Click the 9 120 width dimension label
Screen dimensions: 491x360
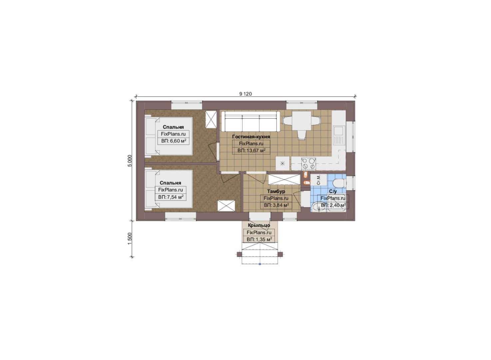point(245,94)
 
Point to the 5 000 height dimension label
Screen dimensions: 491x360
point(130,161)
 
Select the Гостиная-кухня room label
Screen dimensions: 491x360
point(251,137)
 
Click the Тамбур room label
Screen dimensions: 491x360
point(276,191)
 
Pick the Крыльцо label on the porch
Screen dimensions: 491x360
point(259,225)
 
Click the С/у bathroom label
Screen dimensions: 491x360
point(333,192)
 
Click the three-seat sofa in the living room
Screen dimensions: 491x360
point(251,122)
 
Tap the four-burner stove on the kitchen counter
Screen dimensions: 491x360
point(309,163)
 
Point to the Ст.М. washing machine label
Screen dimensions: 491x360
point(319,180)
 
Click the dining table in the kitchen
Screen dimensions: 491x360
point(301,121)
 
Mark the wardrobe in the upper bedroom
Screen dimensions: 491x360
point(211,119)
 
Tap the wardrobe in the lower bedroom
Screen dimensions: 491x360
point(226,206)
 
